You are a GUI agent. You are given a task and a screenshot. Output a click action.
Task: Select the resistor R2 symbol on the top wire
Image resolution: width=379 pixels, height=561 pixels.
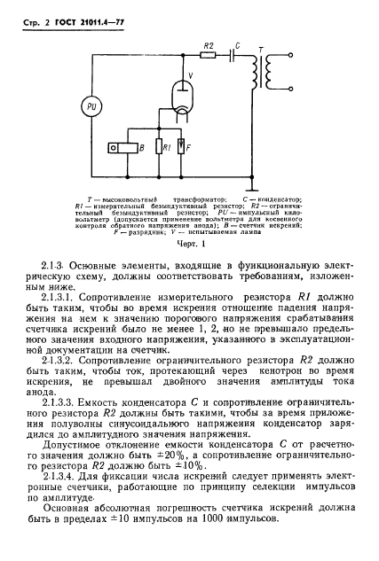[x=208, y=54]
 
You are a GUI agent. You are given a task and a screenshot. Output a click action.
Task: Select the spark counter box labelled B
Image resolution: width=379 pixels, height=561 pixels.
[x=122, y=145]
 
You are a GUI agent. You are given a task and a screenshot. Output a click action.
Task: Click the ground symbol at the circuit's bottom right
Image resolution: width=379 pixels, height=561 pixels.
[x=251, y=187]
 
